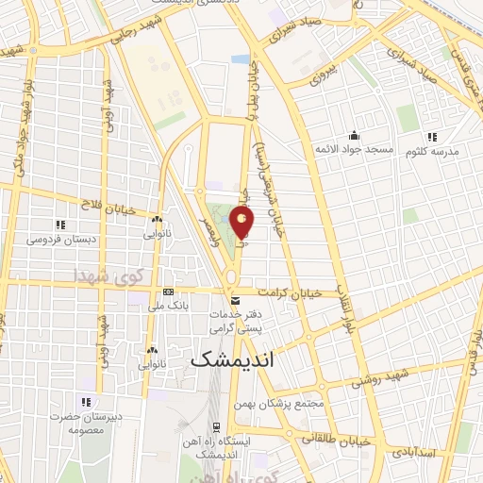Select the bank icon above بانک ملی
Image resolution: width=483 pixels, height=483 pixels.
click(168, 292)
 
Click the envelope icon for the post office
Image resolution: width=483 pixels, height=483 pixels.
click(237, 300)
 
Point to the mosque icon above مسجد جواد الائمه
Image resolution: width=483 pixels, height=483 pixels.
click(354, 135)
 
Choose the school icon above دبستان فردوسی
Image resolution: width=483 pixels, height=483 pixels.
click(60, 225)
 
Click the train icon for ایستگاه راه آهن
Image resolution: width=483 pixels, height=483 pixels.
click(216, 425)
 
